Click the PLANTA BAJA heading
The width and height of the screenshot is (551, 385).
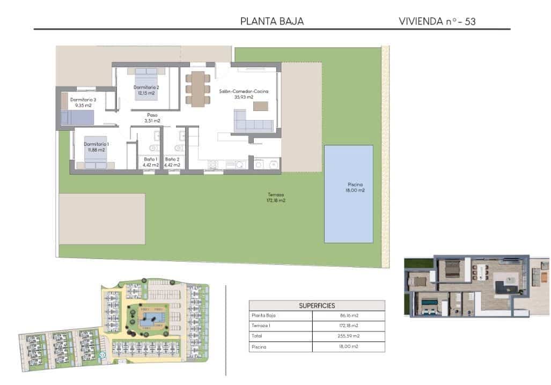pyautogui.click(x=272, y=21)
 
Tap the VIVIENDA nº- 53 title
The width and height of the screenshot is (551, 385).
pyautogui.click(x=437, y=21)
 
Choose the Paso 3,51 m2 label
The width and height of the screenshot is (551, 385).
pyautogui.click(x=152, y=117)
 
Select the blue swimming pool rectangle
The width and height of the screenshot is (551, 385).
pyautogui.click(x=349, y=193)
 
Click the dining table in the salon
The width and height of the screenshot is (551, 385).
pyautogui.click(x=198, y=88)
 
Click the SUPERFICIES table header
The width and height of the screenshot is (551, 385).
pyautogui.click(x=317, y=306)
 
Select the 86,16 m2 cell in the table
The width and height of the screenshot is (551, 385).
pyautogui.click(x=348, y=316)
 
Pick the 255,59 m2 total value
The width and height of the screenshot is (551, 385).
pyautogui.click(x=348, y=336)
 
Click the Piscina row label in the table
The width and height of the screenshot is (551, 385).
pyautogui.click(x=260, y=346)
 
